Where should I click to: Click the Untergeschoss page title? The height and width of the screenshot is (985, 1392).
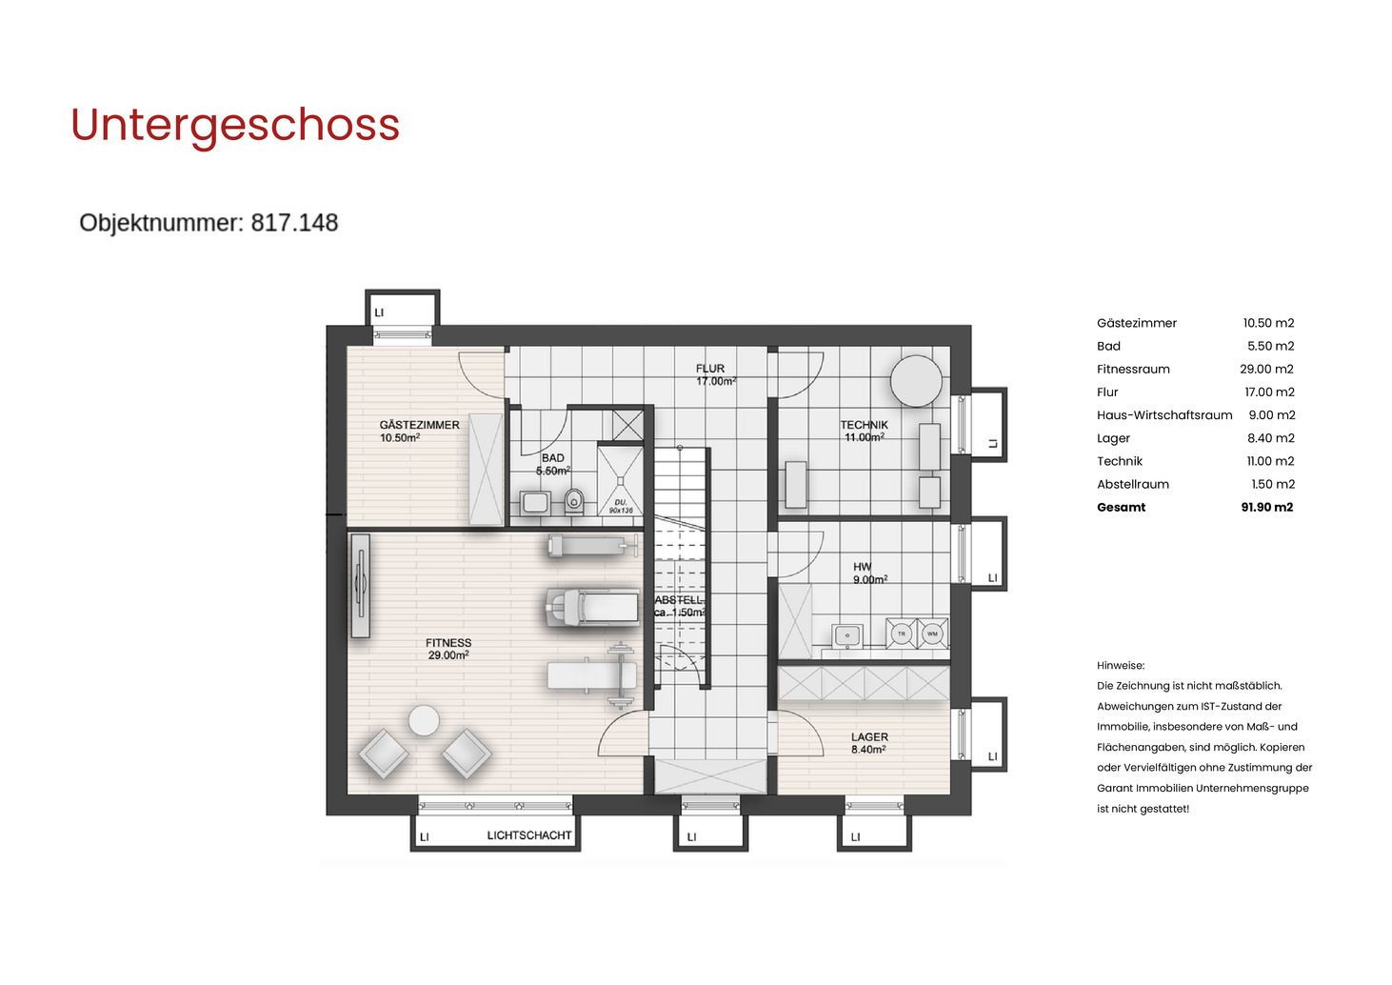(235, 125)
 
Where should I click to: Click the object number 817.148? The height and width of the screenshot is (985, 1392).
(209, 223)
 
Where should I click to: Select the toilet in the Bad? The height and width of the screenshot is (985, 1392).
(574, 500)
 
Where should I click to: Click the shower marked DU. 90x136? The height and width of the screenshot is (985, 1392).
(620, 482)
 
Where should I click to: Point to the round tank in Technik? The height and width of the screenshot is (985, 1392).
(916, 380)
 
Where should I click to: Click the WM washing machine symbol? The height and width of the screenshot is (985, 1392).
(932, 633)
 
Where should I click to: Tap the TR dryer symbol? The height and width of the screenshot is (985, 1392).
(901, 633)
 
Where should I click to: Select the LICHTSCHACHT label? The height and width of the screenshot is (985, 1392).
(529, 835)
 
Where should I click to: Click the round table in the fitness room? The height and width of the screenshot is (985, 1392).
(424, 720)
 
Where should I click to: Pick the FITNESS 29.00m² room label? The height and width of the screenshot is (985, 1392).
(448, 649)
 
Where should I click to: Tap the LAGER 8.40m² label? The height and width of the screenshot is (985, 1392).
(869, 743)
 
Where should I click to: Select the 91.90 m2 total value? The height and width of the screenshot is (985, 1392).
(1266, 508)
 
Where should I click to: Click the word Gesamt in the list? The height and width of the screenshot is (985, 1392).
(1121, 508)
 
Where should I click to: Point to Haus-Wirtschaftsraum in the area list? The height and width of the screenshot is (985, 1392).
(1163, 415)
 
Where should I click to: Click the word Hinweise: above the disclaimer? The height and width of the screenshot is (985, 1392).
(1121, 666)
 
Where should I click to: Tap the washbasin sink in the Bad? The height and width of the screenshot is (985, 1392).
(535, 502)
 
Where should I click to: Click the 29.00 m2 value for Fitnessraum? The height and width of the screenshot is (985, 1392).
(1266, 370)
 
